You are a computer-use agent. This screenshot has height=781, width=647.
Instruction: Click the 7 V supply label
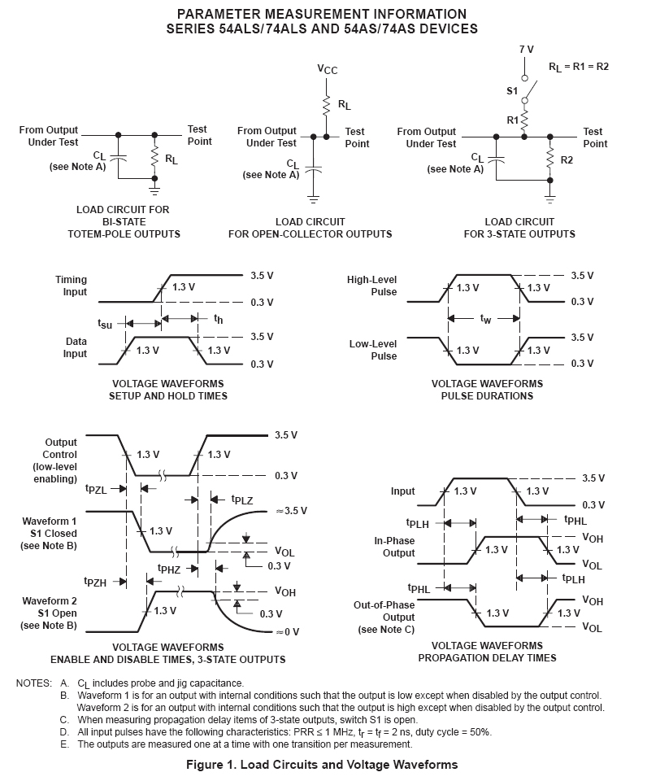click(x=527, y=50)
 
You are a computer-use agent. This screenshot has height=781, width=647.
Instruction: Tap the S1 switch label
click(x=512, y=90)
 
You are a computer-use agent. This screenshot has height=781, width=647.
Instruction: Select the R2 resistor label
click(x=567, y=160)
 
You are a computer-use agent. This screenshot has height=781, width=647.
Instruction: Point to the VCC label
click(x=328, y=70)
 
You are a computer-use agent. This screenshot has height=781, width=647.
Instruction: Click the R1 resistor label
click(x=513, y=120)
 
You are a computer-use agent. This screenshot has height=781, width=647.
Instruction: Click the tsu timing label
click(x=105, y=324)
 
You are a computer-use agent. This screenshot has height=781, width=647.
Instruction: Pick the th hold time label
click(x=218, y=320)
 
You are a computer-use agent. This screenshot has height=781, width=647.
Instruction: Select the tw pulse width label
click(x=485, y=319)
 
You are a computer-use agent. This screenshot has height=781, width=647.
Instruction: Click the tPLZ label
click(x=241, y=500)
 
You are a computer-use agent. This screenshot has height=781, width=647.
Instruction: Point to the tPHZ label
click(x=168, y=569)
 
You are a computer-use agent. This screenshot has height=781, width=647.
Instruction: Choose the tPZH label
click(x=95, y=581)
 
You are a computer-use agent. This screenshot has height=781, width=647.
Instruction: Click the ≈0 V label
click(x=288, y=631)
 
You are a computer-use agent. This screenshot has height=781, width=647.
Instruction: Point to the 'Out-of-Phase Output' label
click(x=384, y=617)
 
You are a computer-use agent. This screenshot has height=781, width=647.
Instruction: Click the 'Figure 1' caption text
click(x=322, y=764)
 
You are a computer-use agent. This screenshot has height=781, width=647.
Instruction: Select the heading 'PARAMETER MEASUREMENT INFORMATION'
click(x=322, y=14)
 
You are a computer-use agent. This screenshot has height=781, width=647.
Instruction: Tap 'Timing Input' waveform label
click(x=71, y=286)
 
